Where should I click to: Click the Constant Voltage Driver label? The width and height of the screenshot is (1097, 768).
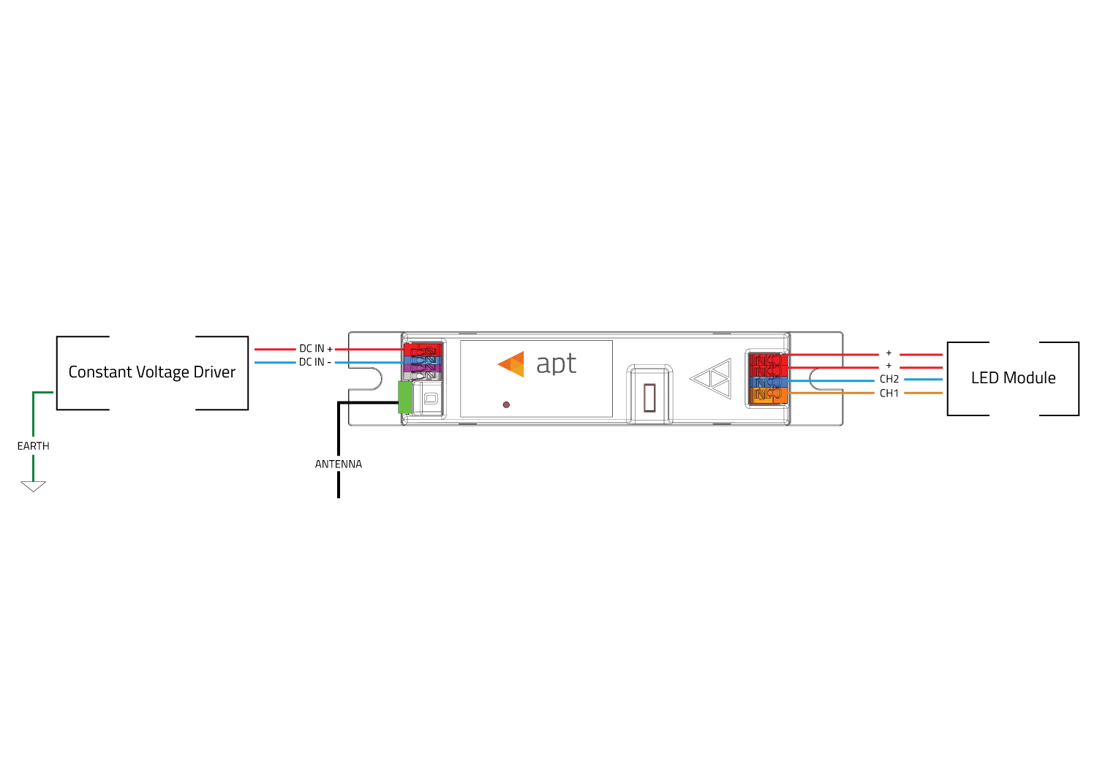[x=152, y=372]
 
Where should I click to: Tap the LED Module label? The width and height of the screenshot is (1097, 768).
[x=1013, y=377]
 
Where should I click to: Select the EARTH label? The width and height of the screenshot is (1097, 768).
[x=34, y=446]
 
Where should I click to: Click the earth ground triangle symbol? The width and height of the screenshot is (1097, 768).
[x=34, y=486]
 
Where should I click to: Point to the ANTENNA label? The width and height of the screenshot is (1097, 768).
[x=339, y=464]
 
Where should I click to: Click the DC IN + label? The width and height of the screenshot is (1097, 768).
[x=316, y=349]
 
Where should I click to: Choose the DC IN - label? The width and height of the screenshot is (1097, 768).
[x=315, y=362]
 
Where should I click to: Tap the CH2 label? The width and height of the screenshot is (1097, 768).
[x=889, y=379]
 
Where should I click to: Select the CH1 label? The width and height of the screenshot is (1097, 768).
[x=889, y=394]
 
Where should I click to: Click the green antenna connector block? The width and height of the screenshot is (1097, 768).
[x=405, y=397]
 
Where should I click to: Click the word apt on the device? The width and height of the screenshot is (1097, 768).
[x=557, y=364]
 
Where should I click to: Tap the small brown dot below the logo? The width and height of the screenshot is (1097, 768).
[x=506, y=404]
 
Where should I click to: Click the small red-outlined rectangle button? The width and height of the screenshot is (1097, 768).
[x=649, y=398]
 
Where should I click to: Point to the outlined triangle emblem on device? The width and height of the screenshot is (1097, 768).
[x=711, y=379]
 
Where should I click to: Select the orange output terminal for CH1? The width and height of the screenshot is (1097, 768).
[x=769, y=395]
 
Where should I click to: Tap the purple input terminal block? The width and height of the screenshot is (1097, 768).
[x=422, y=368]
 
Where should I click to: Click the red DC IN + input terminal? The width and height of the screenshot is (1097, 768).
[x=423, y=350]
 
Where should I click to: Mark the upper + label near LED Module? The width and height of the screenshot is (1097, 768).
[x=889, y=353]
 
